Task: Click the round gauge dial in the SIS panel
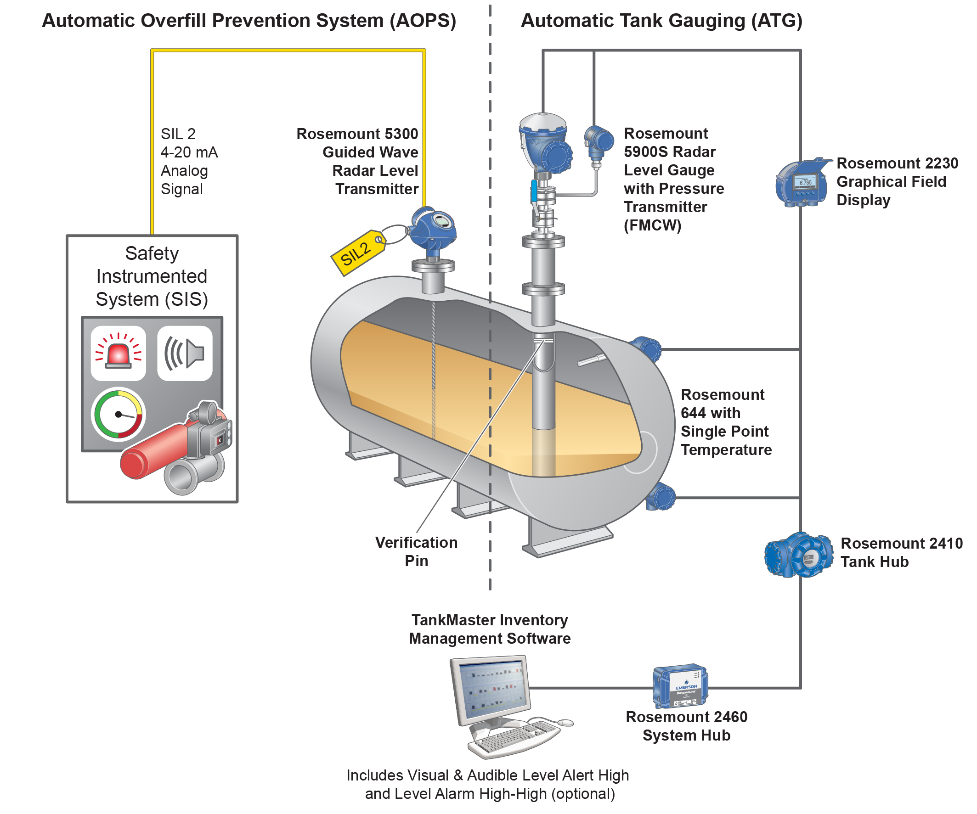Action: point(119,414)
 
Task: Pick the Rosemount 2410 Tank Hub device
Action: point(799,556)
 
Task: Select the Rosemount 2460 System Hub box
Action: point(680,685)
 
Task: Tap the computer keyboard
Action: point(514,737)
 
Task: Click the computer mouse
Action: point(565,722)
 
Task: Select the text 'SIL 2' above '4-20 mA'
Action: point(178,134)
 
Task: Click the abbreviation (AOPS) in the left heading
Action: point(423,21)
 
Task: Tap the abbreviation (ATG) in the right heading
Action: point(776,21)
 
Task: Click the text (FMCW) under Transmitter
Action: point(652,225)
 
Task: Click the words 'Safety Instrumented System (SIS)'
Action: point(152,276)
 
